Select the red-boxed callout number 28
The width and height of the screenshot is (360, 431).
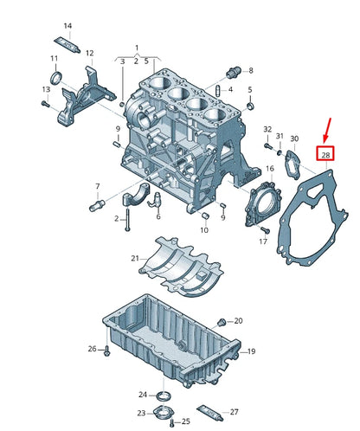325,155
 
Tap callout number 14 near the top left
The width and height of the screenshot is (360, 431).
68,25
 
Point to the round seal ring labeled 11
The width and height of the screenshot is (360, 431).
55,80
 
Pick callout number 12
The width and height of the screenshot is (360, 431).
89,53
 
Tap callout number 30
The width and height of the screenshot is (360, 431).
294,138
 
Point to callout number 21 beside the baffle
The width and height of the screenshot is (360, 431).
135,258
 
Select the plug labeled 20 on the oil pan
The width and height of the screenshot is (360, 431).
223,320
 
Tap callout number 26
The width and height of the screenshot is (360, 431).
92,349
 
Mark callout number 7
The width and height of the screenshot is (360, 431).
98,187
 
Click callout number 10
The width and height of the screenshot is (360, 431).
204,230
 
